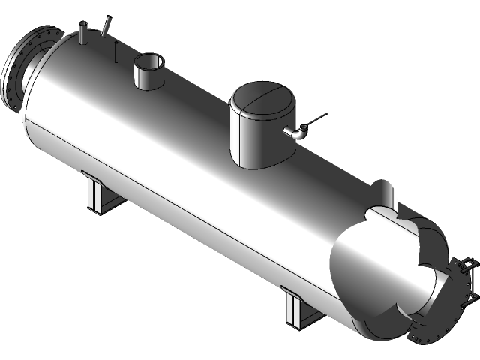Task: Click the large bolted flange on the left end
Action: [16, 67]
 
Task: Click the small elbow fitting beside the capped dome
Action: [294, 133]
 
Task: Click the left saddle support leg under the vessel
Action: [93, 196]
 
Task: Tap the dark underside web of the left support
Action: [105, 202]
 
